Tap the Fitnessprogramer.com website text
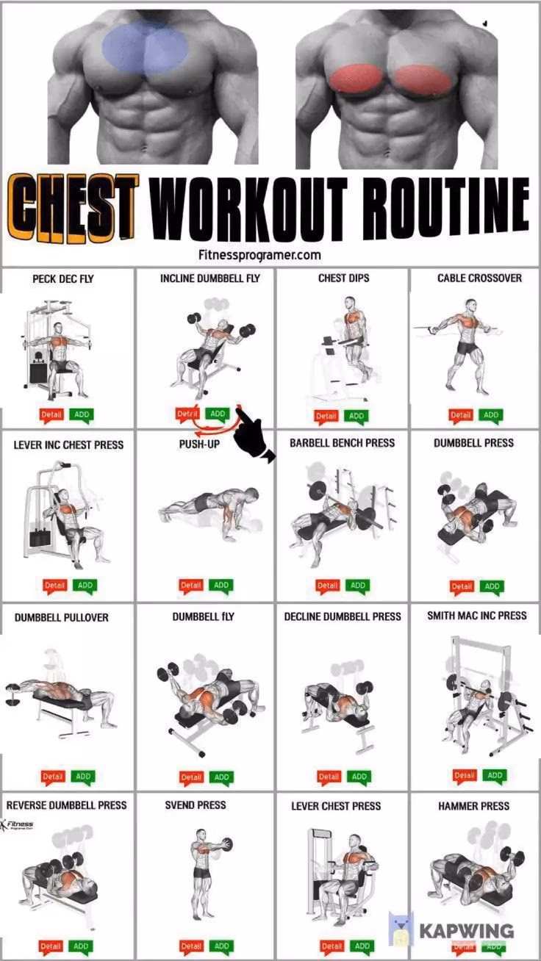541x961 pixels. click(x=259, y=255)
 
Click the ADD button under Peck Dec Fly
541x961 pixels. click(x=82, y=414)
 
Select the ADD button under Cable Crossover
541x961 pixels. click(x=490, y=415)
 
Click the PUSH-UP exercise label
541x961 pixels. click(x=199, y=444)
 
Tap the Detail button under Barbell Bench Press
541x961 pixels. click(x=327, y=586)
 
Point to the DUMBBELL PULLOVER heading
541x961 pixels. click(x=61, y=618)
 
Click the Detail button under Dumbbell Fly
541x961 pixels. click(x=191, y=777)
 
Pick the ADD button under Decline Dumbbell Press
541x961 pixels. click(x=359, y=776)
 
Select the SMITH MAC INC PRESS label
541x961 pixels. click(x=476, y=616)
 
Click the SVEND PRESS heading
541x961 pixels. click(x=196, y=806)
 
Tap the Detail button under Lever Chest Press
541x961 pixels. click(x=332, y=946)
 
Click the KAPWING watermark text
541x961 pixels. click(x=466, y=930)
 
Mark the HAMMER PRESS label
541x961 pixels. click(x=474, y=806)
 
